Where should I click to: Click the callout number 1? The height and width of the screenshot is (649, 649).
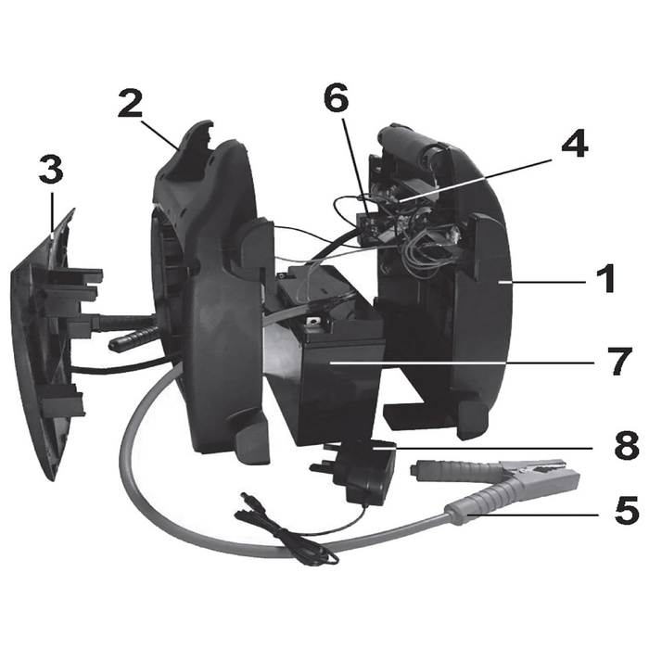click(x=606, y=279)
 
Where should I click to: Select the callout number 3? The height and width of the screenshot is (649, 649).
click(x=51, y=170)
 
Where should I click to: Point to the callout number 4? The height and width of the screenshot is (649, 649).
click(x=575, y=143)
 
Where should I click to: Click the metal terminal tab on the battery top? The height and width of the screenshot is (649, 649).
click(x=313, y=321)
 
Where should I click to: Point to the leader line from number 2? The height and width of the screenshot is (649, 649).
click(x=160, y=134)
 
